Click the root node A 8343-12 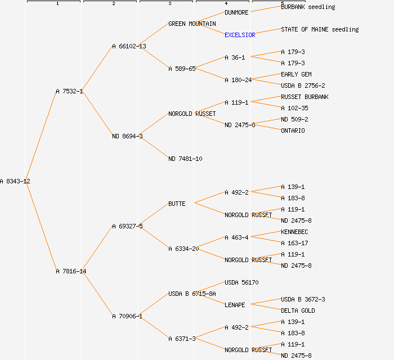point(15,181)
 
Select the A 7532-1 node point(69,91)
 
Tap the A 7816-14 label point(71,271)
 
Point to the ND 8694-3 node point(127,136)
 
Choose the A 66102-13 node point(129,46)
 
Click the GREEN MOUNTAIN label point(192,24)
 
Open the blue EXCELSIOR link point(240,35)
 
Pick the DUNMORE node point(236,12)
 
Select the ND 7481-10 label point(185,159)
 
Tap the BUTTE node point(177,204)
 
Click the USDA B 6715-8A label point(192,294)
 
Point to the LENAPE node point(235,305)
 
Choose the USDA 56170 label point(241,282)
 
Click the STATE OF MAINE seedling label point(320,29)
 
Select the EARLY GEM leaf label point(296,74)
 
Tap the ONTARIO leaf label point(293,130)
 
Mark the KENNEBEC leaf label point(294,232)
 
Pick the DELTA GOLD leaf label point(298,310)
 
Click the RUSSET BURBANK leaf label point(305,97)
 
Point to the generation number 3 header point(169,4)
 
